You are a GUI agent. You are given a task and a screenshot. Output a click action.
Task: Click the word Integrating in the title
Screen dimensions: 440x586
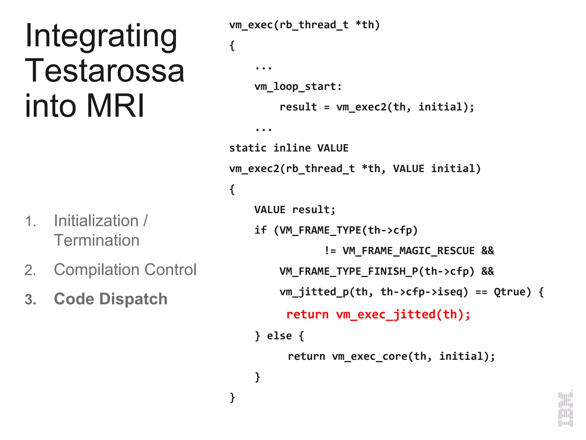coord(101,36)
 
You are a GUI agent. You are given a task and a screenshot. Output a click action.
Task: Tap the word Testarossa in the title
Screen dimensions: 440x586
coord(105,71)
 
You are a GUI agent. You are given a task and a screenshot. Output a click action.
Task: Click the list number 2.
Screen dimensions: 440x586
coord(30,270)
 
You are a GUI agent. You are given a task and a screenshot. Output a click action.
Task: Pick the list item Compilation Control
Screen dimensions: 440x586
coord(125,270)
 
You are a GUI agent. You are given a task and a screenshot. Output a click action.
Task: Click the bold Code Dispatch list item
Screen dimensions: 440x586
coord(110,299)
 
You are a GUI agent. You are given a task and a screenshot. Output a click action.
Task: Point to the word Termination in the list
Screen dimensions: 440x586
coord(97,240)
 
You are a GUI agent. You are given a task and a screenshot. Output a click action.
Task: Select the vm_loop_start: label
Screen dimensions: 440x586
coord(298,87)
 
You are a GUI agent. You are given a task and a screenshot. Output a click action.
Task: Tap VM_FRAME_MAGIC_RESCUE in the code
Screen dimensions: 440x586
coord(408,251)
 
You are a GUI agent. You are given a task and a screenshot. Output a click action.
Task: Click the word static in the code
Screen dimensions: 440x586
coord(248,148)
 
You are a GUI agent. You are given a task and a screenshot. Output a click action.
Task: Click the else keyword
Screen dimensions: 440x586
coord(279,336)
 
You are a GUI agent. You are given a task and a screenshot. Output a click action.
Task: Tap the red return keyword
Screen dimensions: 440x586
coord(307,315)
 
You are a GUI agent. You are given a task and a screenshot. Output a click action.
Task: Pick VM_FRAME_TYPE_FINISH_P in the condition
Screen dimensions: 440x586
coord(348,271)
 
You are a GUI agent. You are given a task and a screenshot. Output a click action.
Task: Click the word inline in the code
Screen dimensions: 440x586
coord(292,148)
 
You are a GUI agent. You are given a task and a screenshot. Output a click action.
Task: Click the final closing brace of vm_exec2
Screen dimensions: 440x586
coord(232,398)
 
